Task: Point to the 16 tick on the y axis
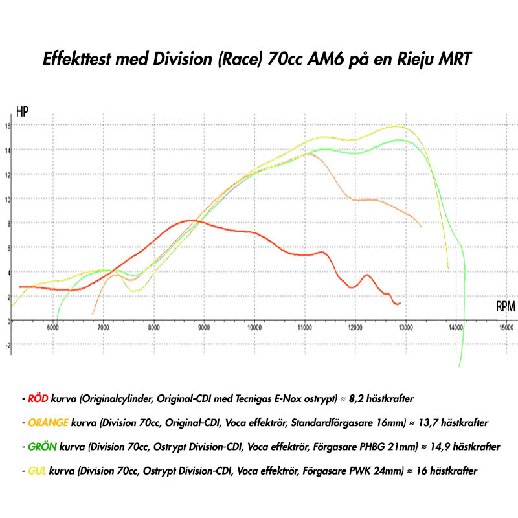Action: pyautogui.click(x=6, y=126)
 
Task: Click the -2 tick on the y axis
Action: pyautogui.click(x=6, y=345)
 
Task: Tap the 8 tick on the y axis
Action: pyautogui.click(x=6, y=223)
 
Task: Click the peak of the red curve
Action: pyautogui.click(x=190, y=220)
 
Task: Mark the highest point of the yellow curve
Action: pyautogui.click(x=396, y=126)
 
